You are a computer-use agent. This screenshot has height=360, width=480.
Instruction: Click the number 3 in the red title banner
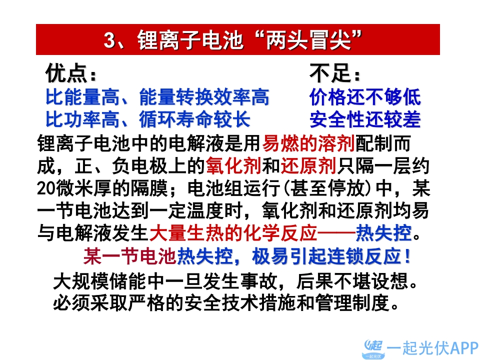click(x=110, y=40)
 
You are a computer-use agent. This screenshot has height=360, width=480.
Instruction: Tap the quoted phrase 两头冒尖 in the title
click(x=308, y=40)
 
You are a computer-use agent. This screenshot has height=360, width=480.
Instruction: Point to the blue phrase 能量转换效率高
click(x=204, y=97)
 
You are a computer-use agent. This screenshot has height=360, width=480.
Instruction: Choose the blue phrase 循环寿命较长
click(x=195, y=119)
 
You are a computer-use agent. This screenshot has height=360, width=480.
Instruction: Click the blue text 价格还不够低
click(x=365, y=97)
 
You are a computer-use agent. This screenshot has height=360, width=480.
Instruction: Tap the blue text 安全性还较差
click(x=365, y=119)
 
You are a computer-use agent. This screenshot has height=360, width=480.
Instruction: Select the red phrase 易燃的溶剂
click(x=308, y=143)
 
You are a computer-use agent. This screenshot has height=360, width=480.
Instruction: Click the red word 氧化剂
click(x=233, y=165)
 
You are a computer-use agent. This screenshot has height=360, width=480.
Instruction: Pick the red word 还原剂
click(x=308, y=165)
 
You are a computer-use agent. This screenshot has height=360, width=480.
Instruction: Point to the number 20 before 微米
click(x=46, y=188)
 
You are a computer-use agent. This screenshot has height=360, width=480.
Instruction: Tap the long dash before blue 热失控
click(x=336, y=233)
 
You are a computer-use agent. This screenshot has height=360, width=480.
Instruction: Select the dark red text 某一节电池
click(x=130, y=256)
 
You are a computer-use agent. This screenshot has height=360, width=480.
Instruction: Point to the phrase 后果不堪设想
click(x=352, y=280)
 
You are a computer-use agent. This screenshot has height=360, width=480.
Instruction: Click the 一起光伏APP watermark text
click(x=432, y=348)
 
